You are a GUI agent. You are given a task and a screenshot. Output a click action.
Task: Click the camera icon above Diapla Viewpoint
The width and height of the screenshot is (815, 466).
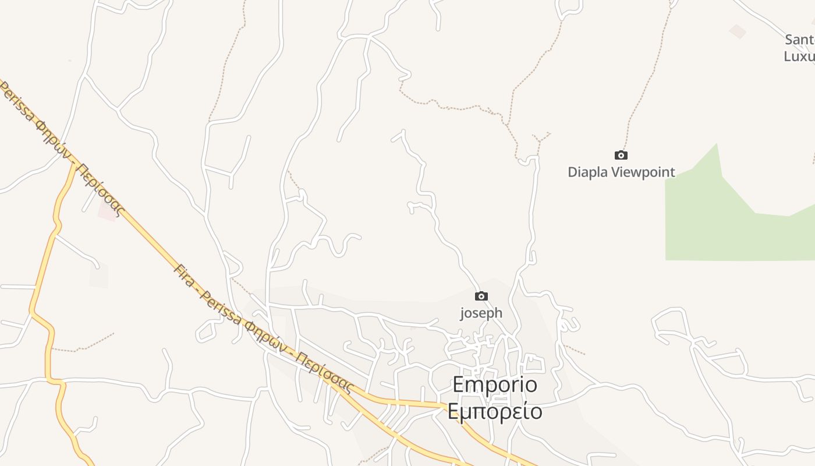pyautogui.click(x=621, y=155)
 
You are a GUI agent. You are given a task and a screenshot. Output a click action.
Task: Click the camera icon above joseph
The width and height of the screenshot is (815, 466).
pyautogui.click(x=481, y=296)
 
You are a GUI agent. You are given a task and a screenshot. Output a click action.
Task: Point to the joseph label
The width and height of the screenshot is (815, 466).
pyautogui.click(x=481, y=313)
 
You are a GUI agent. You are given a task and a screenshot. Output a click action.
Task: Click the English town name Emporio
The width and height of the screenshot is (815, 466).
pyautogui.click(x=495, y=385)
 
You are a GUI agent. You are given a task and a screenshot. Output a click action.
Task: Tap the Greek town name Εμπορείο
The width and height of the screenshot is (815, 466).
pyautogui.click(x=495, y=411)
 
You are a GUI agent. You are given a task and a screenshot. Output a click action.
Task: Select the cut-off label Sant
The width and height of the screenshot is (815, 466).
pyautogui.click(x=800, y=40)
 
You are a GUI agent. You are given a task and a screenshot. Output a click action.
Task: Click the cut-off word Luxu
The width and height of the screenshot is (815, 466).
pyautogui.click(x=799, y=57)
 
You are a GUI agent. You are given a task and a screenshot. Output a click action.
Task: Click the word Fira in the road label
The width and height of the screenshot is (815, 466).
pyautogui.click(x=185, y=276)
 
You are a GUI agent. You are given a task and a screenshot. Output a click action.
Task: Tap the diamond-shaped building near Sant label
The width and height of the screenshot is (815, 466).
pyautogui.click(x=738, y=31)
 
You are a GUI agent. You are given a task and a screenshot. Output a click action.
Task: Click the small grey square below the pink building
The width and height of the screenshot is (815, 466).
pyautogui.click(x=98, y=276)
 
